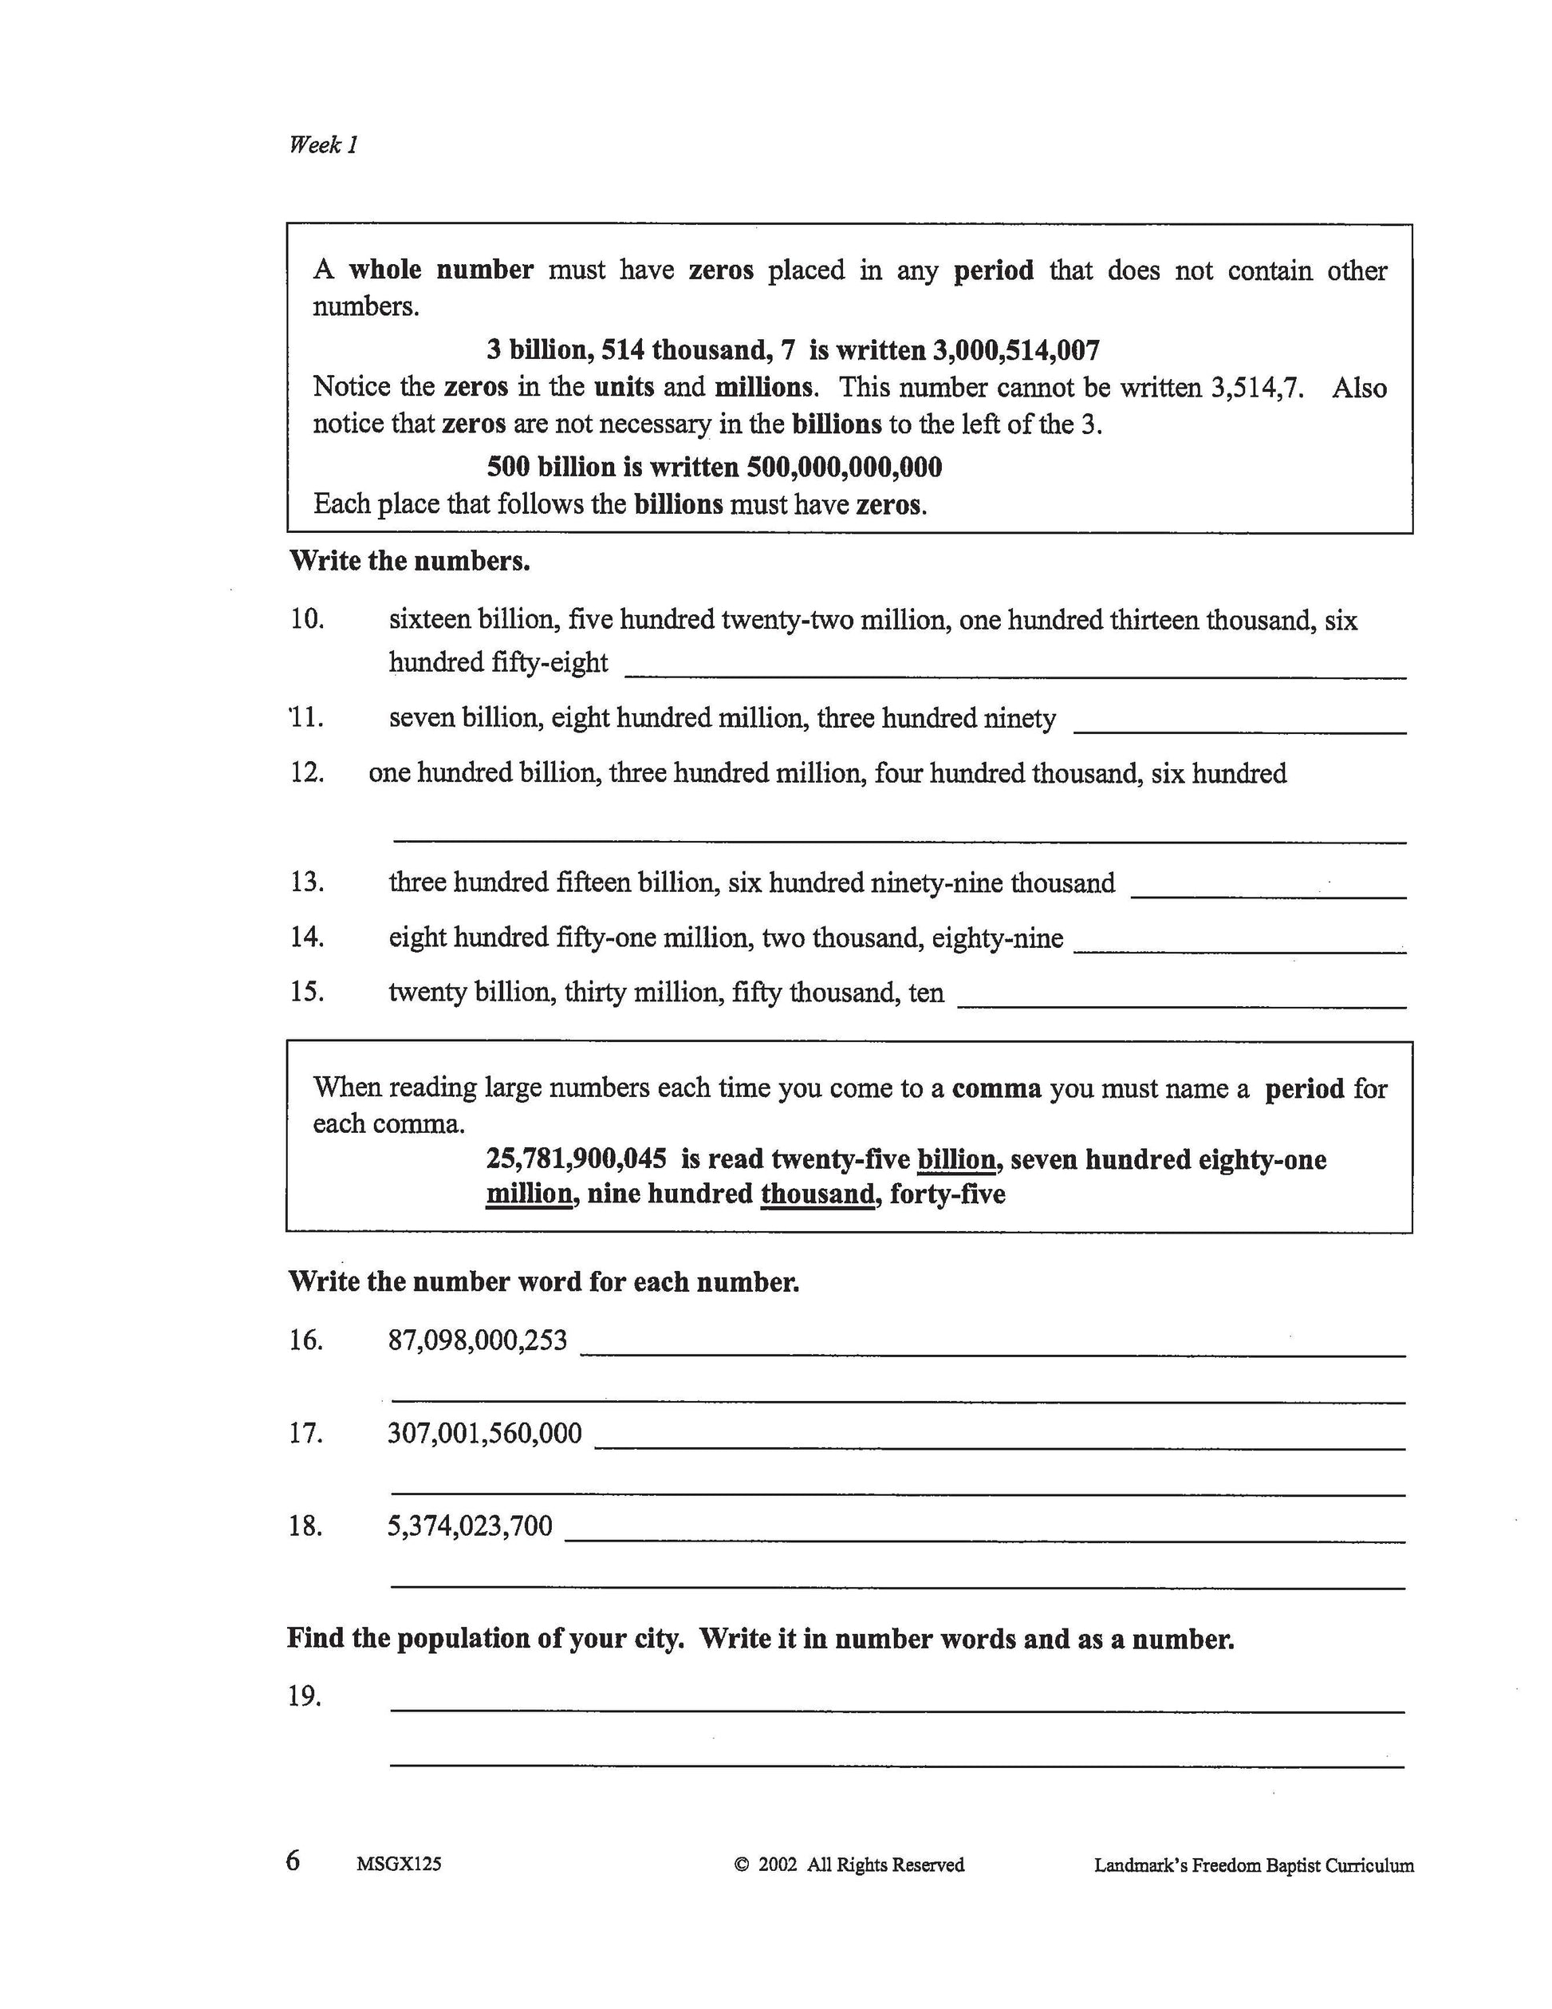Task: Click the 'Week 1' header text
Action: click(x=323, y=144)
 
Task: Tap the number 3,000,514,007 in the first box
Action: click(x=1016, y=350)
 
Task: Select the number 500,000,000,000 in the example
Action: click(x=844, y=468)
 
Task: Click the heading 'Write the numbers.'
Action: click(x=409, y=561)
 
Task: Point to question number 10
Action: click(x=307, y=619)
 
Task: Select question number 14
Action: click(x=307, y=937)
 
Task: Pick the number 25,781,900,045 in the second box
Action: click(x=577, y=1158)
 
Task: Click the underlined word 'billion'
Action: click(x=956, y=1159)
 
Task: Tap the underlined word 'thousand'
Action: click(x=817, y=1194)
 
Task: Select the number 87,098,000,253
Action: click(x=477, y=1340)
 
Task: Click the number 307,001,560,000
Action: click(x=485, y=1433)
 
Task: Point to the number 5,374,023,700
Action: click(x=470, y=1526)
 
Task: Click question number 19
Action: click(x=305, y=1696)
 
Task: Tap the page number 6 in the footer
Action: click(x=293, y=1860)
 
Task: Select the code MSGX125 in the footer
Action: click(x=399, y=1864)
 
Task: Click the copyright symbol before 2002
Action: click(x=742, y=1865)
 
